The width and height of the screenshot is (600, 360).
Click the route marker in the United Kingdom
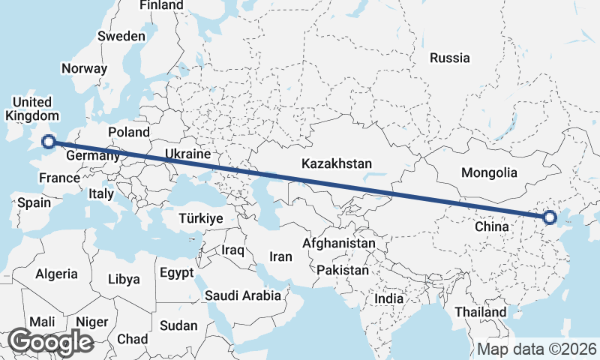pos(49,141)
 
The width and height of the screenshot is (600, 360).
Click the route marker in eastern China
pos(550,217)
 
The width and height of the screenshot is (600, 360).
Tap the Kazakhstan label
pos(337,163)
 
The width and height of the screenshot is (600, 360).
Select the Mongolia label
pos(489,172)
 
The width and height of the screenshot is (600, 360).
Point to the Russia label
pos(450,58)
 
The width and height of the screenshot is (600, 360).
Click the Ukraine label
pos(187,154)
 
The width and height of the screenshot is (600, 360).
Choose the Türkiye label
pos(200,218)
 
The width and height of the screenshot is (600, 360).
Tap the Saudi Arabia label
pos(243,295)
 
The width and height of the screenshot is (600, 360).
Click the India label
pos(389,298)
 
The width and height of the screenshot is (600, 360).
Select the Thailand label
pos(481,311)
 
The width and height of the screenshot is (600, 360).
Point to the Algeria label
pos(56,274)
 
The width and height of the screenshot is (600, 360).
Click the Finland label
pos(161,5)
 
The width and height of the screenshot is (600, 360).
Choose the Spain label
pos(34,202)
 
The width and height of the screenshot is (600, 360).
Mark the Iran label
pos(280,256)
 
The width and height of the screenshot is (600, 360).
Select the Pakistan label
pos(343,269)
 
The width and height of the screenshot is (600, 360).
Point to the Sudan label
pos(178,325)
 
